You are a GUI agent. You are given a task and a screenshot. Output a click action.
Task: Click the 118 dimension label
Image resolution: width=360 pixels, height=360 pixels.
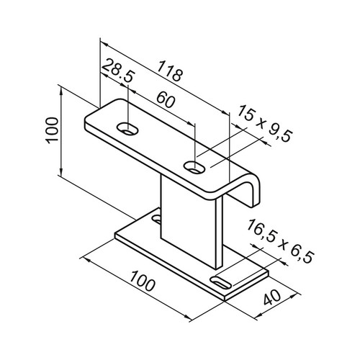(170, 71)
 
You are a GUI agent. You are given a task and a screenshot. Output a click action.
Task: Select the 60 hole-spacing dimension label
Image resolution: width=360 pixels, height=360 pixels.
(166, 100)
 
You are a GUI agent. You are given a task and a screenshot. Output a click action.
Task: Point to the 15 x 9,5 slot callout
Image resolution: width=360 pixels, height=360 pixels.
(265, 123)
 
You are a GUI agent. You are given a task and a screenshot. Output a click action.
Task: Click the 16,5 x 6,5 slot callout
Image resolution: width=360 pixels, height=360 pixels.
(280, 240)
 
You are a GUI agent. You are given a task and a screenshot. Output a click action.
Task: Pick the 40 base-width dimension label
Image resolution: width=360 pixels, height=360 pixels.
(272, 297)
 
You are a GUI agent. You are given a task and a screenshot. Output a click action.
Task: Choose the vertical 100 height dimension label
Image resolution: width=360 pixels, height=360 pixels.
(52, 130)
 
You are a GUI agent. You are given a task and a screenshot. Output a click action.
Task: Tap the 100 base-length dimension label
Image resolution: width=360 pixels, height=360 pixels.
(143, 281)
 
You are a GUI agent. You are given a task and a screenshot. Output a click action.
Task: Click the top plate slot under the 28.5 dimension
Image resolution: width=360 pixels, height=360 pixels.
(128, 129)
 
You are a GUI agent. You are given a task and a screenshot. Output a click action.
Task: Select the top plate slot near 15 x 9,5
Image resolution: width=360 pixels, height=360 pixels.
(194, 167)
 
